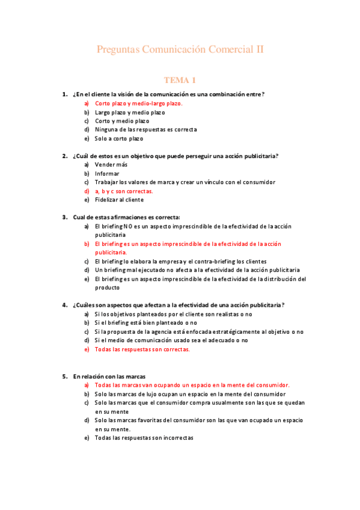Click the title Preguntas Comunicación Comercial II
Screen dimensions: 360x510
pos(180,49)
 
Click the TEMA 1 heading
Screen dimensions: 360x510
pos(180,80)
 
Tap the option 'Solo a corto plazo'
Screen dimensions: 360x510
pos(119,138)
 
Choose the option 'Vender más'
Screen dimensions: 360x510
pos(111,165)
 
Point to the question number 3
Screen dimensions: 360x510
pos(64,217)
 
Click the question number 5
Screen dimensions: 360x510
pos(64,376)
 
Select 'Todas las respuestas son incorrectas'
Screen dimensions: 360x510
pos(144,438)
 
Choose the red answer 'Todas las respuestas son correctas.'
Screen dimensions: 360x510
pos(142,349)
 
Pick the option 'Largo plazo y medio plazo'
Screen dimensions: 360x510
pos(130,112)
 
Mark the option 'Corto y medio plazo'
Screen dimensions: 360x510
pos(122,121)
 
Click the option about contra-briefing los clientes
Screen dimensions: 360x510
pos(180,262)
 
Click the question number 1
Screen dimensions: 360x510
pos(64,94)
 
